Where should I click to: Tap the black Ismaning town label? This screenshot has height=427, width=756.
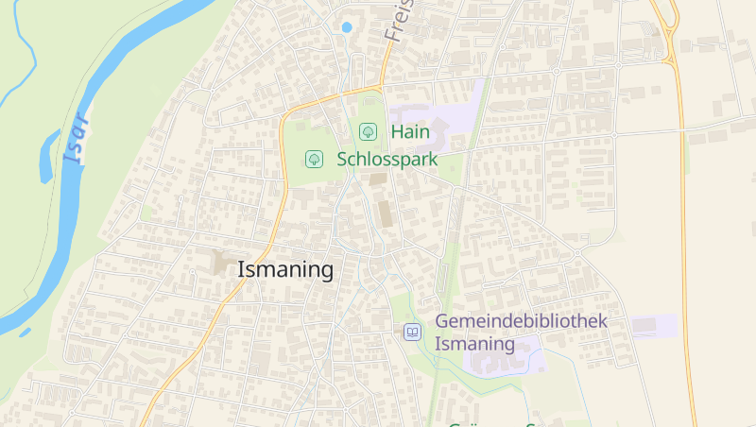point(285,270)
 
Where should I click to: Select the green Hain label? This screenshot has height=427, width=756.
point(409,132)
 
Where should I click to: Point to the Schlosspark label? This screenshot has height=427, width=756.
point(387,159)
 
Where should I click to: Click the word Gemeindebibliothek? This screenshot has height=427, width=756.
point(521,321)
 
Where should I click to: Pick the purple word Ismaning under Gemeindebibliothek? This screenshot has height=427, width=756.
point(474,344)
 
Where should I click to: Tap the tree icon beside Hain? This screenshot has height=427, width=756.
point(369,131)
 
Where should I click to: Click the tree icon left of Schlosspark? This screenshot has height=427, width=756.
point(315,158)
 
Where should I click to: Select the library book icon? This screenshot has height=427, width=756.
point(412,332)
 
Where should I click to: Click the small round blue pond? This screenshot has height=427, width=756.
point(346,27)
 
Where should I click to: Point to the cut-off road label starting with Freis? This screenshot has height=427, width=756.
point(399,21)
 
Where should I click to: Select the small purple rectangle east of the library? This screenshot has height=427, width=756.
point(654,326)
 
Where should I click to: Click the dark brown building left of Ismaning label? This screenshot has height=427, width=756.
point(225,263)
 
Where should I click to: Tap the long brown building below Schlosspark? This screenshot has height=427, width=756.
point(385,213)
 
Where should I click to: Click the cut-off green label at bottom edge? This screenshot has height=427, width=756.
point(491,423)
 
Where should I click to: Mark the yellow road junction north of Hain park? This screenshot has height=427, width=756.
point(380,88)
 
